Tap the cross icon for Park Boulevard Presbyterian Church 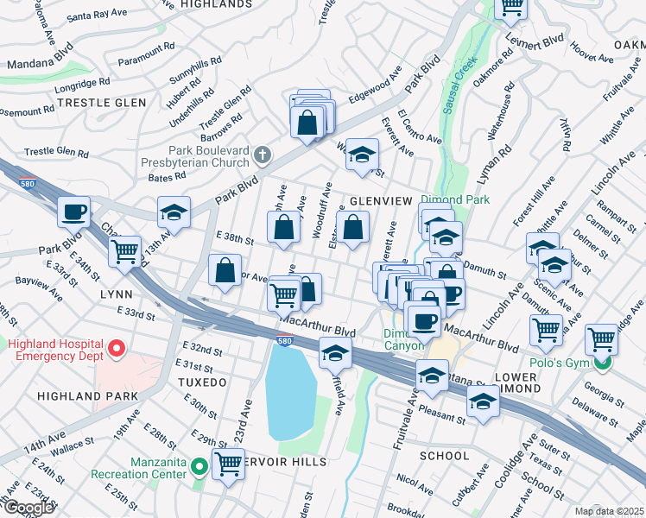click(x=263, y=155)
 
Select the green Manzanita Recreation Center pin click(x=199, y=468)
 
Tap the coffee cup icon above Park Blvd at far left click(x=73, y=211)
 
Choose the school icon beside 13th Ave click(x=174, y=212)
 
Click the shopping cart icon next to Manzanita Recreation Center click(x=229, y=464)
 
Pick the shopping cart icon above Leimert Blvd click(x=511, y=7)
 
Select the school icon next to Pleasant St click(x=483, y=401)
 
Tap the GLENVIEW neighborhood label click(x=381, y=200)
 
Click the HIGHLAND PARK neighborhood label click(x=87, y=395)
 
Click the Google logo click(x=28, y=508)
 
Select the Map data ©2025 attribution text click(x=609, y=511)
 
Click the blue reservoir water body click(x=288, y=393)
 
